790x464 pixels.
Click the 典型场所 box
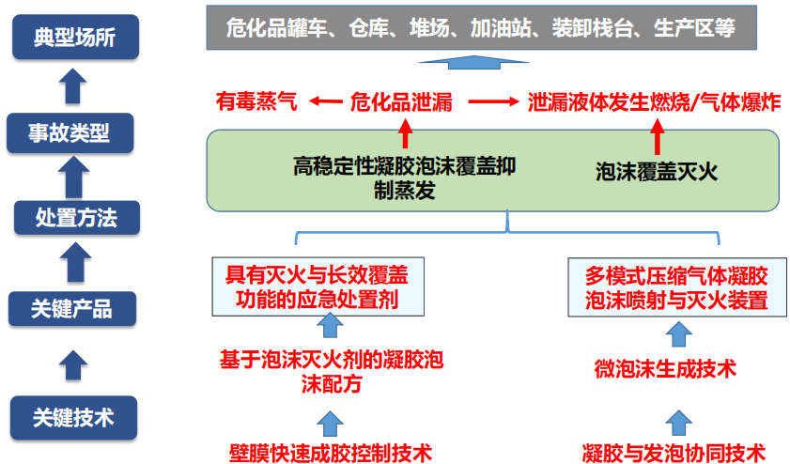[x=72, y=38]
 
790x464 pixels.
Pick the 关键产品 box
[x=72, y=308]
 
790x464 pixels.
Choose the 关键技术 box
[x=72, y=418]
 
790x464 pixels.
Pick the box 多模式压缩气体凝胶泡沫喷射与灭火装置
[x=676, y=288]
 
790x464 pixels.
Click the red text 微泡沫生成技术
[x=665, y=368]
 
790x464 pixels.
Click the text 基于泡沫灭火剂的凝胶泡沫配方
[x=332, y=371]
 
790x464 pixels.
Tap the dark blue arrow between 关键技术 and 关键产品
[x=73, y=363]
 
